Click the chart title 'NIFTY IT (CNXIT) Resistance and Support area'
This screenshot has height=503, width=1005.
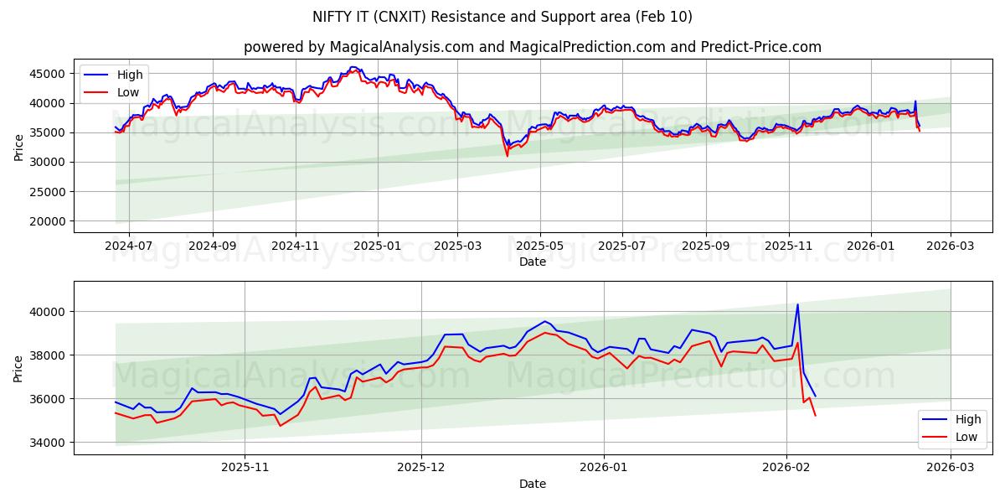pyautogui.click(x=502, y=17)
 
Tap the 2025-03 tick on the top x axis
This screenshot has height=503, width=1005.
pyautogui.click(x=457, y=245)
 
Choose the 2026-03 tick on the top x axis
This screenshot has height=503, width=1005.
pyautogui.click(x=951, y=245)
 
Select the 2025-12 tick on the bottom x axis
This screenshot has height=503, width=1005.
pyautogui.click(x=421, y=467)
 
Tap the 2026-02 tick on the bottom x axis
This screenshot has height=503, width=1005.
pyautogui.click(x=786, y=467)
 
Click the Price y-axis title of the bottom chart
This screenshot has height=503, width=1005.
pyautogui.click(x=18, y=368)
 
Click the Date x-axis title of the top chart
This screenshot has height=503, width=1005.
pyautogui.click(x=533, y=262)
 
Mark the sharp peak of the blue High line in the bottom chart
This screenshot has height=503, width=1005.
pyautogui.click(x=797, y=304)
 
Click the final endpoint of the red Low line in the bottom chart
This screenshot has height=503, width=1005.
pyautogui.click(x=815, y=416)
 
